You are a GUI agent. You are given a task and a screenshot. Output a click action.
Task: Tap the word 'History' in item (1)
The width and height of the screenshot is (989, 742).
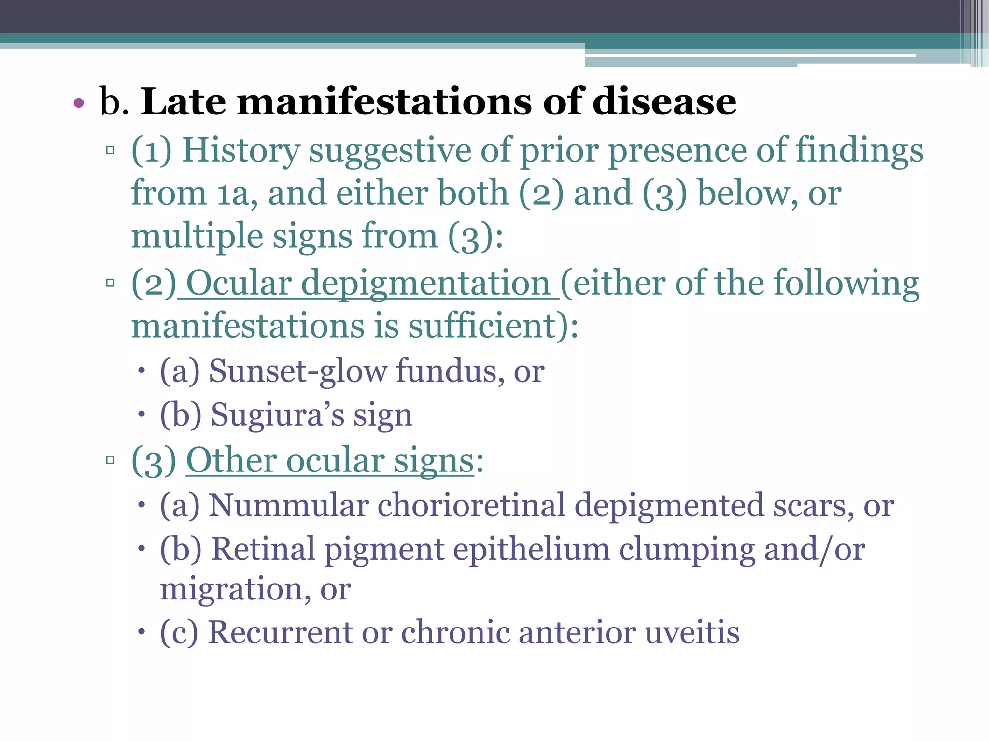tap(241, 151)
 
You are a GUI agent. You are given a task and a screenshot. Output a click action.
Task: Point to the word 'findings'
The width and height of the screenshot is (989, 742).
tap(859, 151)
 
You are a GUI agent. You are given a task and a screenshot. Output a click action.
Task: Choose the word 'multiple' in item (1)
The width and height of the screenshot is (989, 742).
tap(197, 237)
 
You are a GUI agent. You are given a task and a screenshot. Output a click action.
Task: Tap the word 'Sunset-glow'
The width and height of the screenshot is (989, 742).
tap(297, 371)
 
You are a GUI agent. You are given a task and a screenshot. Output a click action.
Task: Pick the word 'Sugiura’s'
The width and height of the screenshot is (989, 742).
tap(277, 414)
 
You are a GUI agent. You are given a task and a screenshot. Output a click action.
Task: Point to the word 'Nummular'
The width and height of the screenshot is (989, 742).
tap(288, 505)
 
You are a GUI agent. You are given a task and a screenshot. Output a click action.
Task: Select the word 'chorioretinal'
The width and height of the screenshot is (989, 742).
tap(471, 505)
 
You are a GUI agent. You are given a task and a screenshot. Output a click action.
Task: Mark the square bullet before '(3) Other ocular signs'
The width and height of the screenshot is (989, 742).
tap(110, 460)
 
